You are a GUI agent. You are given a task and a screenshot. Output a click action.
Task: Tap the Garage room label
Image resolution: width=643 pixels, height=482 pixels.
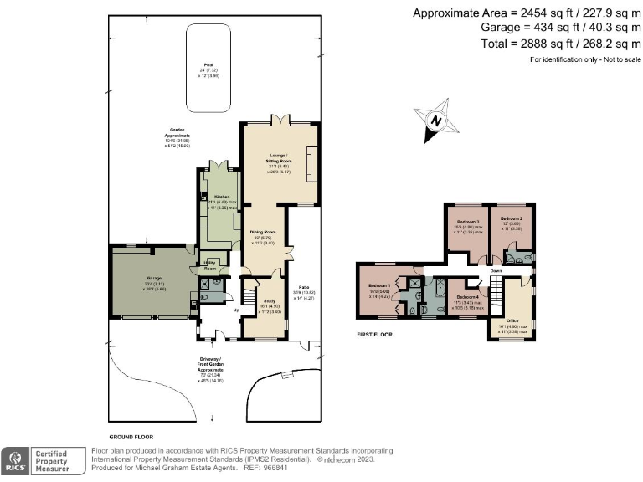[155, 278]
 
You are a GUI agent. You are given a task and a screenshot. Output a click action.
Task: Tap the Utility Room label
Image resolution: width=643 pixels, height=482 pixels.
[210, 268]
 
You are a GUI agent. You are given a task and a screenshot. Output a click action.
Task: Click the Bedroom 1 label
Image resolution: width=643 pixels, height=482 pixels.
[380, 285]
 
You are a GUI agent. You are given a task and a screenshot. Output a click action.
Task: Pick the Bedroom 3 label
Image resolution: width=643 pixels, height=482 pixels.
[465, 222]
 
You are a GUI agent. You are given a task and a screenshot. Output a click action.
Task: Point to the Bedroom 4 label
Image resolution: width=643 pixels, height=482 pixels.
[467, 296]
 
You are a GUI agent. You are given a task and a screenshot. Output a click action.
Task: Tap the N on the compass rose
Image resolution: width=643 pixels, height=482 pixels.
[435, 120]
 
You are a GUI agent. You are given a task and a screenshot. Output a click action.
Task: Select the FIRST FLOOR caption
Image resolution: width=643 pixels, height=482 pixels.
[374, 334]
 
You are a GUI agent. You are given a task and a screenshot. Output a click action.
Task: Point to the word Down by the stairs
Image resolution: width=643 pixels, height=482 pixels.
[496, 270]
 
